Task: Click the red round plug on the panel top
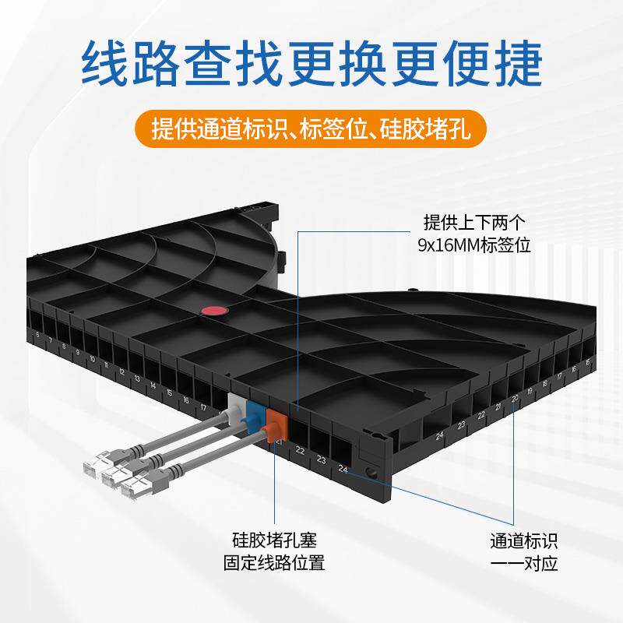(x=213, y=311)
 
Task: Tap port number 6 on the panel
(x=38, y=336)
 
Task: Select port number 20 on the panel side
(x=515, y=398)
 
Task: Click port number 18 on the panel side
(x=545, y=382)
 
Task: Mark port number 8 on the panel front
(x=64, y=347)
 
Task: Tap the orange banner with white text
(x=311, y=128)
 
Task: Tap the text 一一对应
(x=524, y=563)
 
